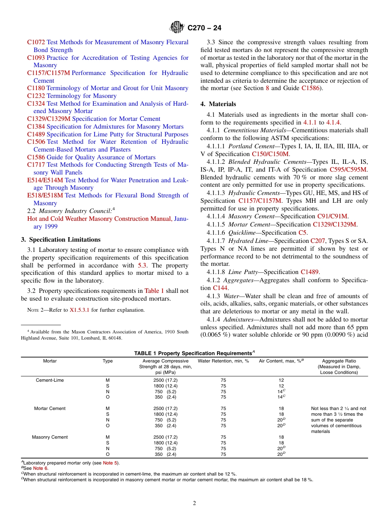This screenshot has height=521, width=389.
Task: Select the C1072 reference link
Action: (36, 42)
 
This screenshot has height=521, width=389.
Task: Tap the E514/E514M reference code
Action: (45, 180)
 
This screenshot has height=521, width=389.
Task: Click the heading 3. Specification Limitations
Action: (61, 240)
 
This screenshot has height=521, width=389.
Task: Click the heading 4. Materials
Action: (218, 104)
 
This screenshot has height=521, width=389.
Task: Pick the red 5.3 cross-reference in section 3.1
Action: (142, 265)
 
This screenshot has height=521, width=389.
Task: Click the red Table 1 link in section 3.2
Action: (154, 291)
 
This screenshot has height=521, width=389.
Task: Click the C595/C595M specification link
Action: (348, 170)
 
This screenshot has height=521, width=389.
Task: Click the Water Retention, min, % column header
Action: (223, 361)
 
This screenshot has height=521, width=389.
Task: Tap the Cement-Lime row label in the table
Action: (50, 380)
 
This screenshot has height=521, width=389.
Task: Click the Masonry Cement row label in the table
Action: (50, 437)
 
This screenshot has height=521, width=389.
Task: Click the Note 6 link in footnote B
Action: (41, 468)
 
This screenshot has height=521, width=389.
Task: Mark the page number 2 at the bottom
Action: (194, 503)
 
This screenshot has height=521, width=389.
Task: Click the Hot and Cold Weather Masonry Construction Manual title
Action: (100, 219)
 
